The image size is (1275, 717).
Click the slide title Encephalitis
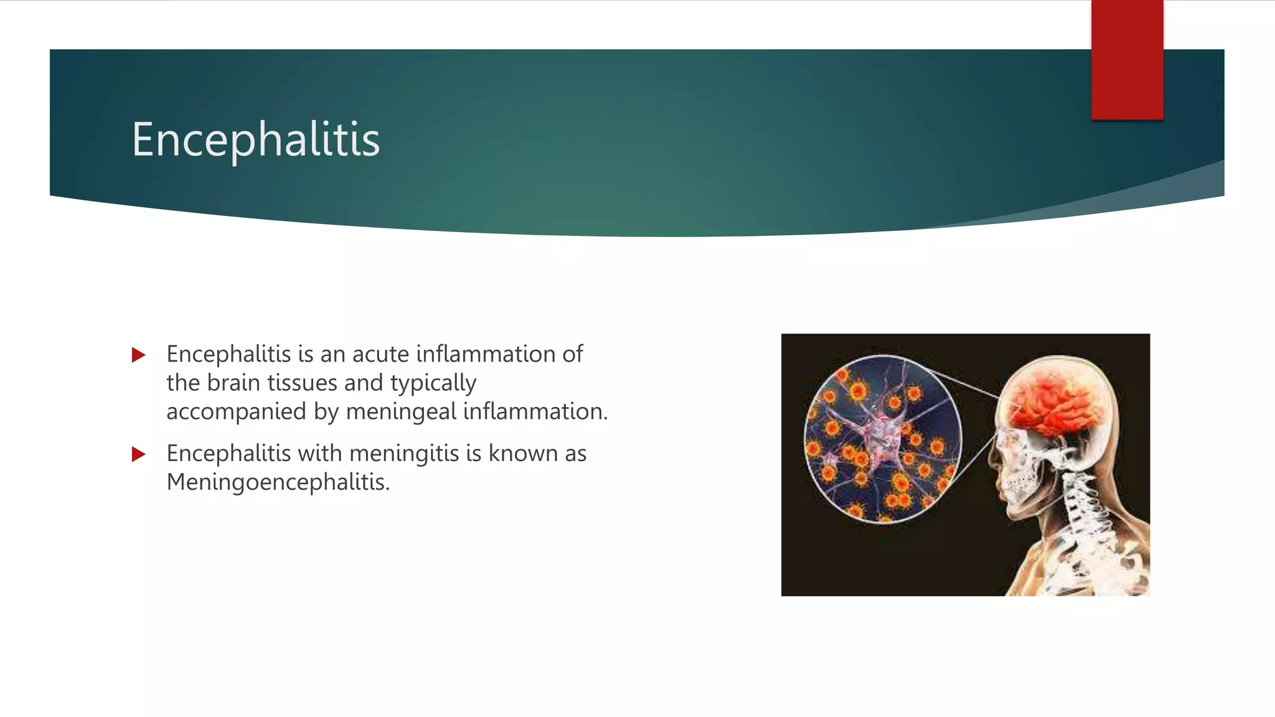[x=255, y=139]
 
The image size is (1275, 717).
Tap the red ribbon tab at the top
[x=1127, y=60]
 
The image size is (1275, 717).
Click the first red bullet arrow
[x=138, y=355]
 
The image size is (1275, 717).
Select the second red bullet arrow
[x=138, y=454]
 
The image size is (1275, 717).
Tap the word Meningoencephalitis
[x=278, y=482]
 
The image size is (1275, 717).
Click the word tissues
[x=302, y=383]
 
